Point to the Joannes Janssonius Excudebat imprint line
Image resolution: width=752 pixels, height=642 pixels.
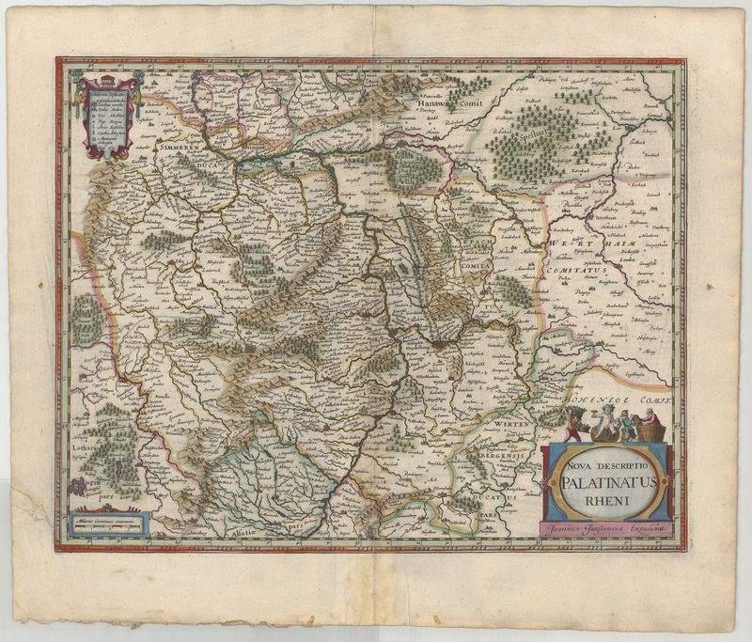[x=608, y=531]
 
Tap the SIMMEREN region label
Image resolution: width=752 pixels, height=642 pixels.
[x=182, y=149]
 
